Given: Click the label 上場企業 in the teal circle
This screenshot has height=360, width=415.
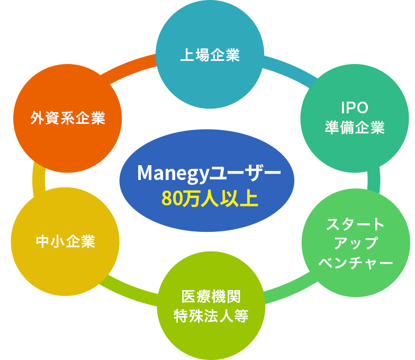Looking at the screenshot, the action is (210, 55).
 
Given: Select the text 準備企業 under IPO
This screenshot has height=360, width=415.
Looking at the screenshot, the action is (355, 128).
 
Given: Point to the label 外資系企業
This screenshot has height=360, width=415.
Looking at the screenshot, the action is (68, 118).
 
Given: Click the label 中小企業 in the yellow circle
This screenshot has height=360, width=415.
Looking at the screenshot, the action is (65, 242).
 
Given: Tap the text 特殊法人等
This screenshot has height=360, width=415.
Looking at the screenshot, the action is (211, 316).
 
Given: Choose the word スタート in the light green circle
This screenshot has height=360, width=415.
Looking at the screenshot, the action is (356, 223).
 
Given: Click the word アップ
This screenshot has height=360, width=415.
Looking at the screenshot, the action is (356, 243).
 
